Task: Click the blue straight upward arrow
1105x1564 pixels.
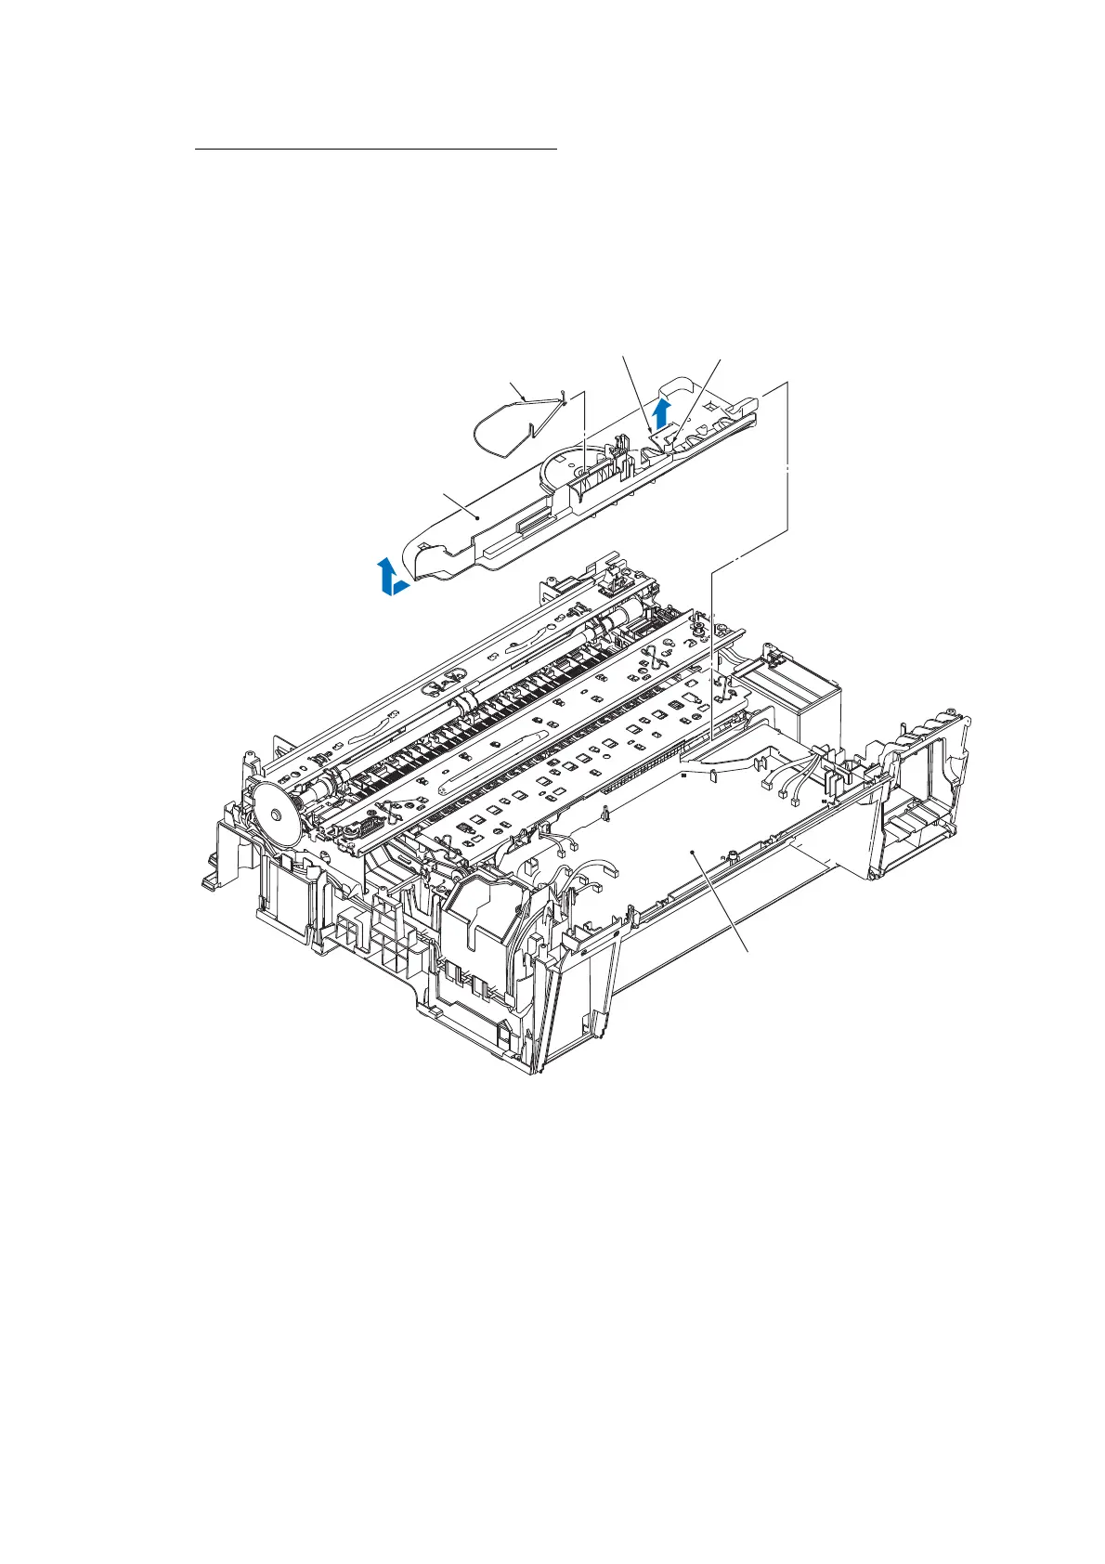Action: pyautogui.click(x=661, y=411)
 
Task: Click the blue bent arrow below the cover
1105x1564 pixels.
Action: pyautogui.click(x=393, y=578)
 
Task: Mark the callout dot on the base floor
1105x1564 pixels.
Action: pyautogui.click(x=693, y=848)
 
